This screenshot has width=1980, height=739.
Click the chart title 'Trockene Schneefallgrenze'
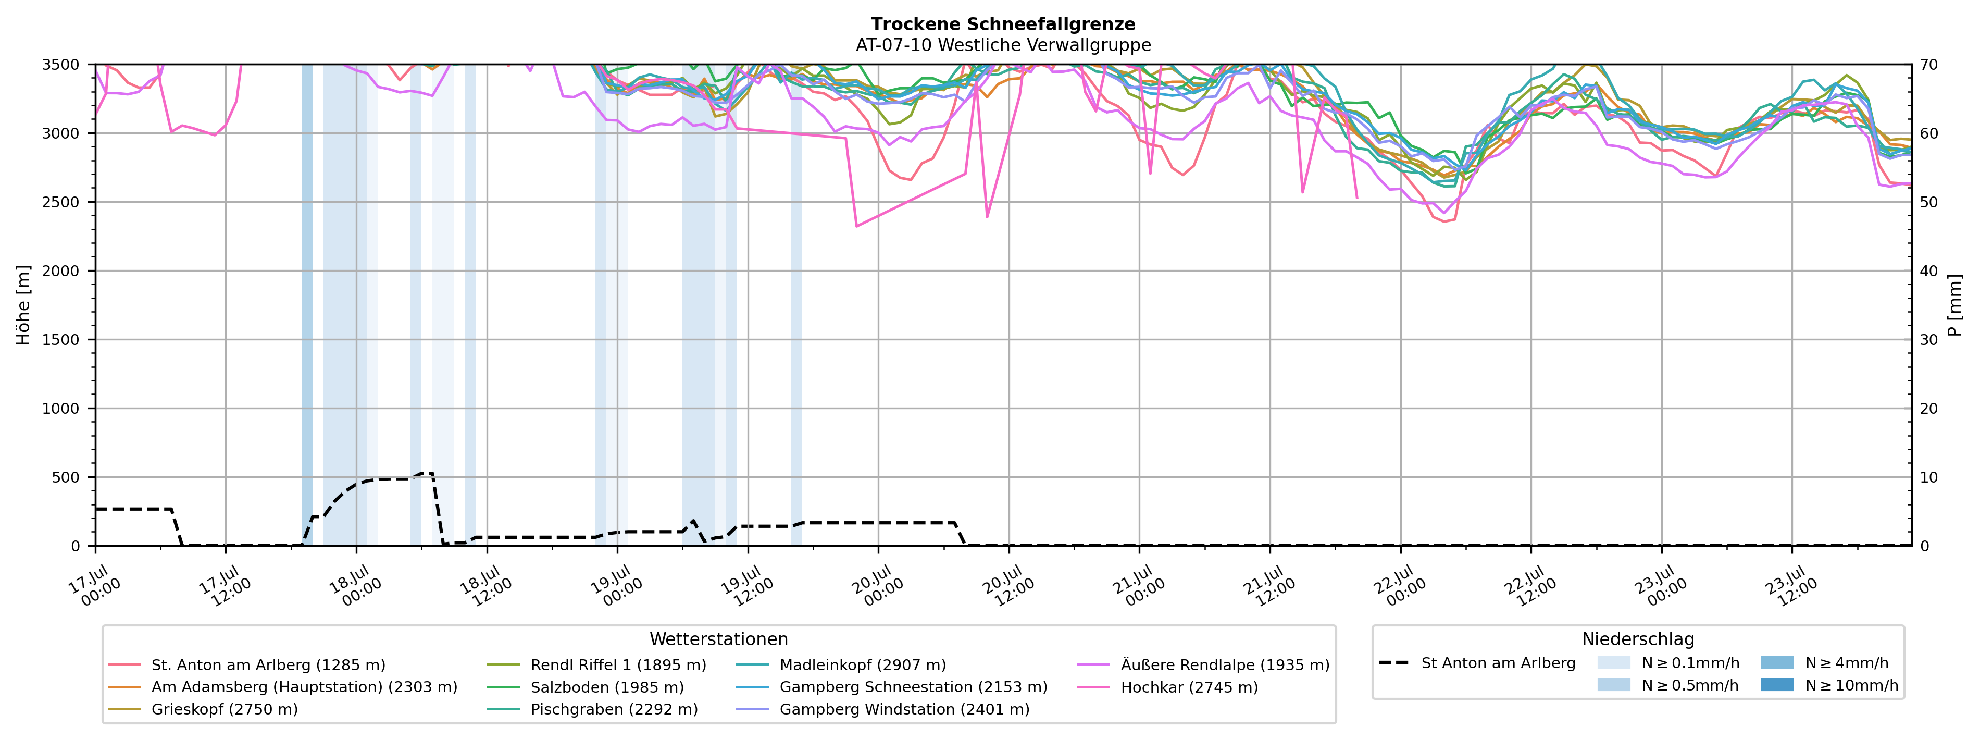click(x=1003, y=24)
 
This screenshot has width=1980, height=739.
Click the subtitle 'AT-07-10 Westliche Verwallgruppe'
click(x=1003, y=45)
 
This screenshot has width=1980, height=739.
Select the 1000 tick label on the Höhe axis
click(x=61, y=409)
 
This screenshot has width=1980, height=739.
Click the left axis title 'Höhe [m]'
click(x=23, y=305)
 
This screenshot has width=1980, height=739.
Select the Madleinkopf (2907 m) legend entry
click(x=842, y=665)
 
